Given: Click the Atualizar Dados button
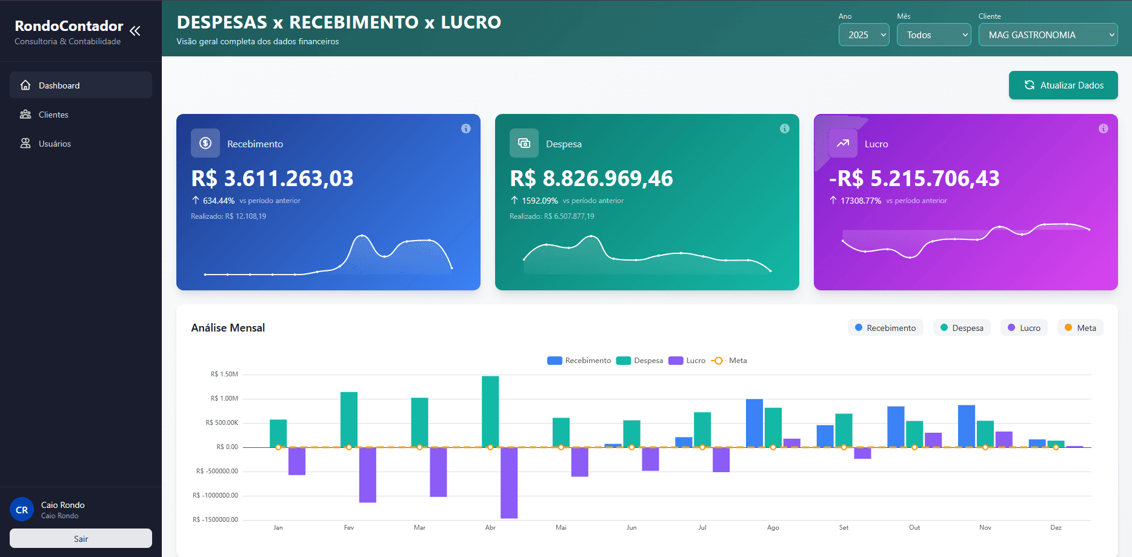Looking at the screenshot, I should [1063, 85].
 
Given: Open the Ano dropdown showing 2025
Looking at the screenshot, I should [864, 35].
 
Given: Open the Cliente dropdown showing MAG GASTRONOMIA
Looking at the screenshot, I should [1048, 35].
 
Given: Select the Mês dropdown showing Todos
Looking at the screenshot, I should [933, 35].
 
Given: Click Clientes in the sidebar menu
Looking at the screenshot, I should [53, 115].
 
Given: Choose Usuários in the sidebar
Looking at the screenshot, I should [55, 144].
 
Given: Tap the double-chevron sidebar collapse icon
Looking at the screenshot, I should [135, 31].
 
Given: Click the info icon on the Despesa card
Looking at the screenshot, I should [784, 128].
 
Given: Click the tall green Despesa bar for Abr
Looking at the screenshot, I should [490, 412].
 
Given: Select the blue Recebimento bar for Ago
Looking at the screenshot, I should [754, 423].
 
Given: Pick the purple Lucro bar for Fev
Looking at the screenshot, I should [367, 475].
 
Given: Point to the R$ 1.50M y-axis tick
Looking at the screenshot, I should [224, 375].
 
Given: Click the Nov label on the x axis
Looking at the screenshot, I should [985, 528].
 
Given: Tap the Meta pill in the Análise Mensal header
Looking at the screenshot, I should [1080, 328].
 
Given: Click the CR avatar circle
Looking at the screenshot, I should [22, 510].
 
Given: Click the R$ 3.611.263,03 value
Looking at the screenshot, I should [272, 179].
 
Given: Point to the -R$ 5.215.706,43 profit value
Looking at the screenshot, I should [914, 179].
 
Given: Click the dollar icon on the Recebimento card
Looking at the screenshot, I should [205, 143].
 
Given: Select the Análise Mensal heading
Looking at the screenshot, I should [228, 328].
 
